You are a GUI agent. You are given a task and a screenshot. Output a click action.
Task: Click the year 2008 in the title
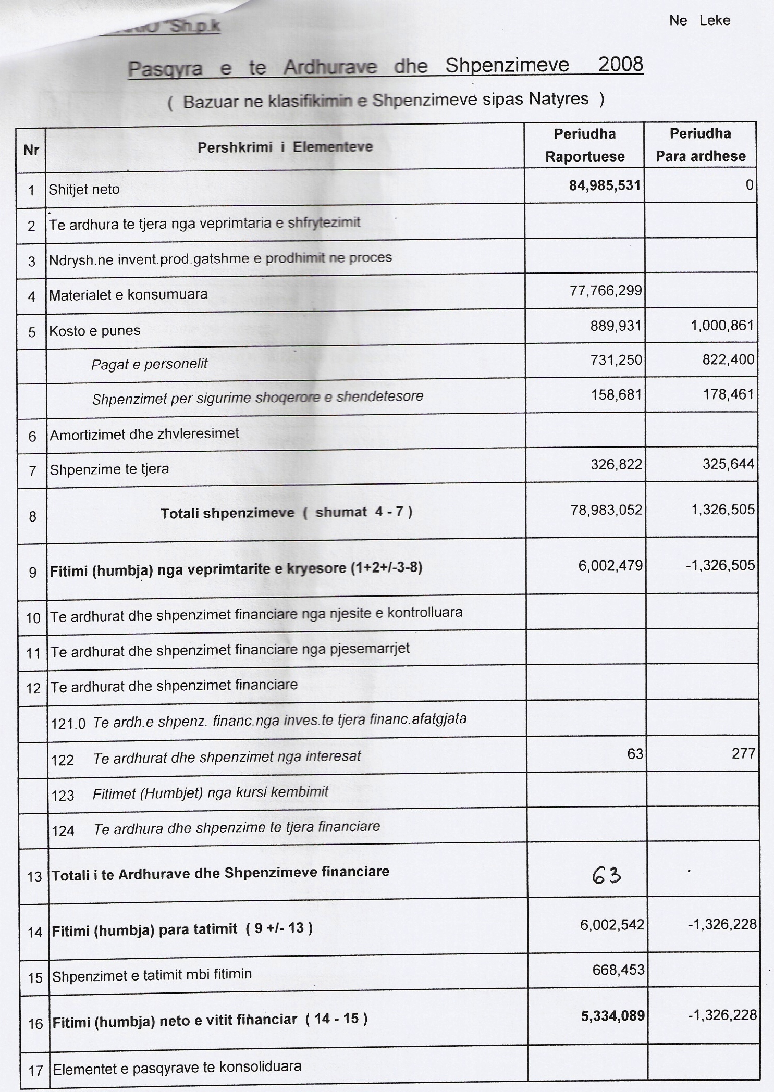(620, 65)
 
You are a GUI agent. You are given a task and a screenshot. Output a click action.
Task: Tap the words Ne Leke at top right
(699, 21)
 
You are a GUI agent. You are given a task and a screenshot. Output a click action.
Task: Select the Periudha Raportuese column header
(584, 145)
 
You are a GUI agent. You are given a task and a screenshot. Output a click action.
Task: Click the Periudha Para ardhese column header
(700, 145)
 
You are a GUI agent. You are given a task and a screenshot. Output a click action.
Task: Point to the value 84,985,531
(605, 185)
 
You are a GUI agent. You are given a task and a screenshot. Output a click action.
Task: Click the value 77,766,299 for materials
(606, 291)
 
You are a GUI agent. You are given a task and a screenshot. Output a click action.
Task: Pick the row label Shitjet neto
(84, 190)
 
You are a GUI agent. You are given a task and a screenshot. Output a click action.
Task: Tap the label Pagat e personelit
(149, 364)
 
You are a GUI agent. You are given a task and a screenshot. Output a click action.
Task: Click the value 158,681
(616, 394)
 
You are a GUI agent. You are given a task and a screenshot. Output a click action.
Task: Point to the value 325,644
(728, 464)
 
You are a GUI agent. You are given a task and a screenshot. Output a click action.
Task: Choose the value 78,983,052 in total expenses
(606, 510)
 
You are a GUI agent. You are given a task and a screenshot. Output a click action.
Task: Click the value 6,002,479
(610, 566)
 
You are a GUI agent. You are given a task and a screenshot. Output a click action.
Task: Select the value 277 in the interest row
(743, 753)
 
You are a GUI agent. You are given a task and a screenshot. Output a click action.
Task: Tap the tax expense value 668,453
(618, 970)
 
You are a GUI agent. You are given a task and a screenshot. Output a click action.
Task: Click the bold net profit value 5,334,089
(612, 1015)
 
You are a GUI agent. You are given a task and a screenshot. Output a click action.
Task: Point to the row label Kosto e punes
(94, 331)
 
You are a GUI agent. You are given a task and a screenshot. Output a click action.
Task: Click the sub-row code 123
(63, 796)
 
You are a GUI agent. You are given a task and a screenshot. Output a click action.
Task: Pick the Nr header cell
(31, 150)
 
